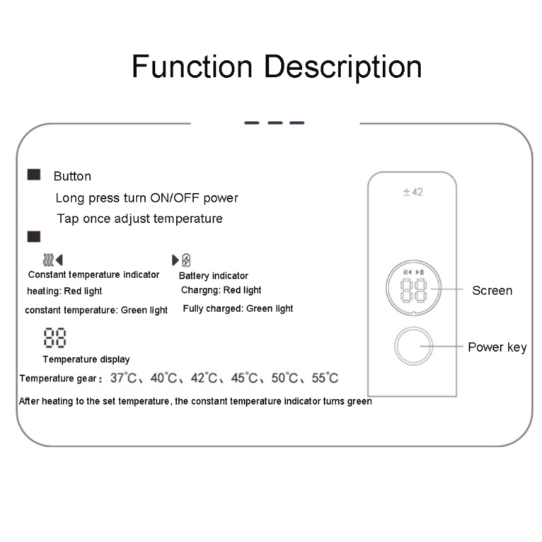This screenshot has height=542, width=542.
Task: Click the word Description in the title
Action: (343, 68)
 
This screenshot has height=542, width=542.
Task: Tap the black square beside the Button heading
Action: (34, 175)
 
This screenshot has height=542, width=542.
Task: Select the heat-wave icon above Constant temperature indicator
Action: (47, 259)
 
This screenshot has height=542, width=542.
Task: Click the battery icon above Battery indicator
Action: (186, 259)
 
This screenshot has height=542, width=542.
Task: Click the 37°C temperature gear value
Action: (123, 378)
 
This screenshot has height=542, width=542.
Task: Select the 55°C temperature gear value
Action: (324, 378)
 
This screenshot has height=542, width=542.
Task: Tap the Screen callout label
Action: (492, 291)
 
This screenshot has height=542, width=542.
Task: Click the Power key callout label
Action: (497, 348)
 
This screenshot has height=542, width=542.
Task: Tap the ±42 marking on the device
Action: (413, 192)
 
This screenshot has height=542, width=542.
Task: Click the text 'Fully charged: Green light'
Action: (238, 309)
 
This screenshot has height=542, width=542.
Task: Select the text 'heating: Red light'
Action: (64, 291)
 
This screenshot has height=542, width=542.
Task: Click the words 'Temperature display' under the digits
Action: (86, 359)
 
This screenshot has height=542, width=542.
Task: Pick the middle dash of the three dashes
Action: (274, 123)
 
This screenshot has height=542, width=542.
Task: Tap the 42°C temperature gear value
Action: (203, 378)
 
